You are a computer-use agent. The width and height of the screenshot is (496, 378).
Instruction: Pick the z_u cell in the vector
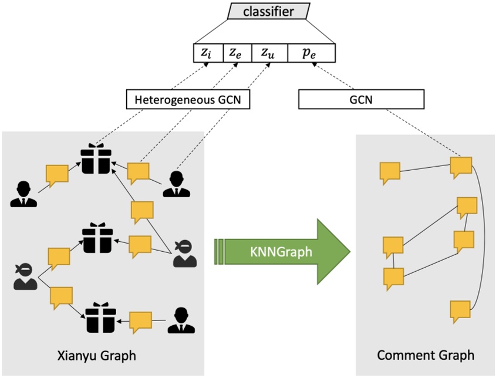[x=269, y=52]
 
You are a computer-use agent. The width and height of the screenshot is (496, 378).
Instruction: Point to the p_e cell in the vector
[x=311, y=52]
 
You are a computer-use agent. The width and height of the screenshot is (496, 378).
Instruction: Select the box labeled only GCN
[x=360, y=100]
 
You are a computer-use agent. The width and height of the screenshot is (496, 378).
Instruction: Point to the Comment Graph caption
[x=425, y=356]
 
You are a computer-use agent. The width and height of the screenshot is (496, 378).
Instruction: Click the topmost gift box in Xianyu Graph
[x=96, y=158]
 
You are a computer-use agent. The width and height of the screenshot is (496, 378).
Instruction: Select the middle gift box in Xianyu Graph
[x=96, y=237]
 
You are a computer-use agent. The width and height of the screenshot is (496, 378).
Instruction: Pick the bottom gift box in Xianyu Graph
[x=97, y=317]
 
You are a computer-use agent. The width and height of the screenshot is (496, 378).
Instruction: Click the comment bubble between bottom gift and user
[x=140, y=322]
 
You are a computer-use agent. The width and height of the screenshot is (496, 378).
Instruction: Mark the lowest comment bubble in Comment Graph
[x=461, y=310]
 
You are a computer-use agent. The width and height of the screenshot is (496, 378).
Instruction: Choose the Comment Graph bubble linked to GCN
[x=461, y=166]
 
